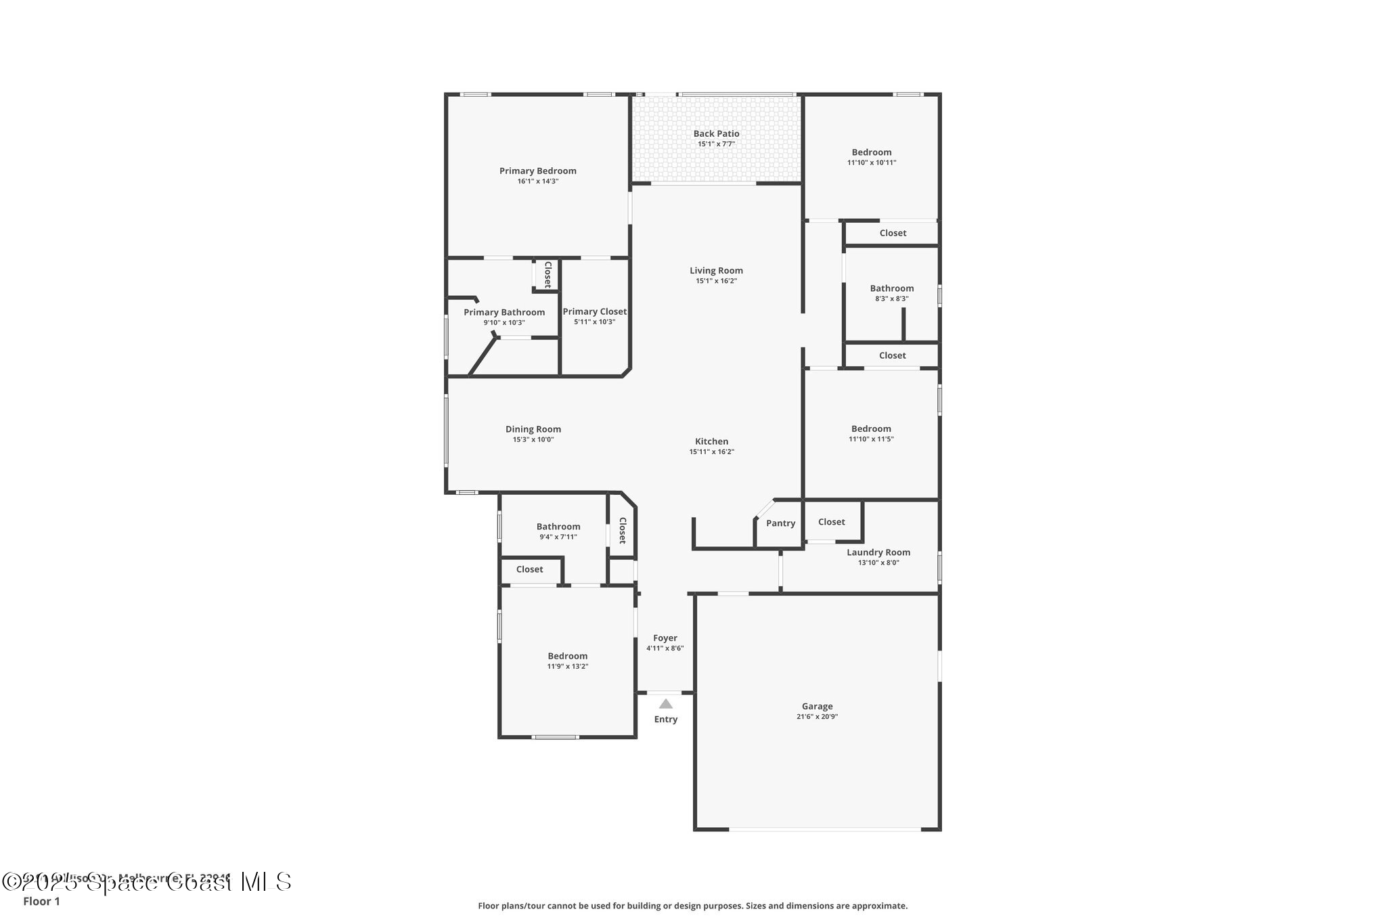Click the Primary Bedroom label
pos(537,171)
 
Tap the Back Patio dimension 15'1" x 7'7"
pos(716,144)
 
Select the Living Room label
pos(716,270)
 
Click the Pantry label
pos(780,523)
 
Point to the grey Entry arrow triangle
pos(665,704)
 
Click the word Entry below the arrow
pos(665,719)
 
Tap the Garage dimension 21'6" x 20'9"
pos(817,717)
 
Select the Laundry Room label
pos(878,552)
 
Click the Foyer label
pos(665,638)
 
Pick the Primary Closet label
pos(594,311)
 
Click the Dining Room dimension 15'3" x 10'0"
pos(533,439)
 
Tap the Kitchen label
pos(711,441)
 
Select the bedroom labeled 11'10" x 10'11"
pos(872,152)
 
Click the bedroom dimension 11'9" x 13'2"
pos(567,666)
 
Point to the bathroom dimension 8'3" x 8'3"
pos(891,299)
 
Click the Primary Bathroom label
pos(504,312)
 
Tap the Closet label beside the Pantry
pos(831,522)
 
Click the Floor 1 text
pos(41,901)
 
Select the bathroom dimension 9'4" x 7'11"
pos(558,537)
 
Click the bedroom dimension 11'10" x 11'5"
pos(871,439)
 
